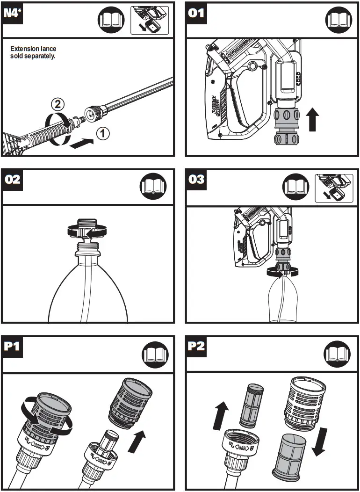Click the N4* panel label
14,13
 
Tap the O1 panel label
197,13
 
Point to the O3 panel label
197,180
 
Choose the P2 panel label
197,347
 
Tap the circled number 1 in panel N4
102,134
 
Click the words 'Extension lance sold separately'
33,52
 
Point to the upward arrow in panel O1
313,119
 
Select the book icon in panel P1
153,354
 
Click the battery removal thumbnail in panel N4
150,20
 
